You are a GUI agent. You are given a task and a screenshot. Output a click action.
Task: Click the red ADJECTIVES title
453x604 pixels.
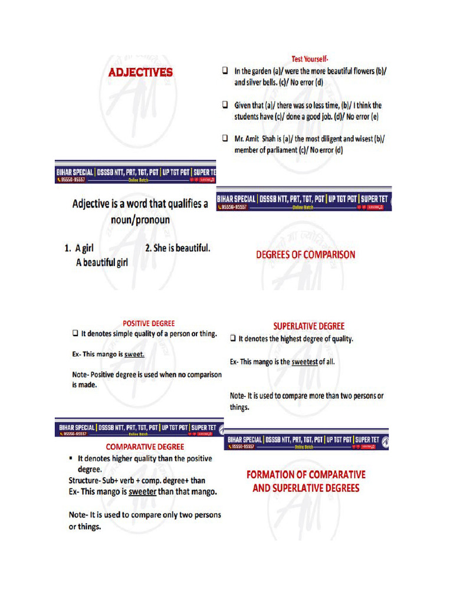click(x=140, y=73)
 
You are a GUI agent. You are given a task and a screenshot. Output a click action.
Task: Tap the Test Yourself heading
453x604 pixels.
click(x=310, y=59)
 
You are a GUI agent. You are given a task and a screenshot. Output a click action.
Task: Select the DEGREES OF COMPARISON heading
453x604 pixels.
click(x=305, y=255)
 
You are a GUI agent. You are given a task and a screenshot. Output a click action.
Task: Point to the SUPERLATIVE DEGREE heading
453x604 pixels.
click(x=308, y=326)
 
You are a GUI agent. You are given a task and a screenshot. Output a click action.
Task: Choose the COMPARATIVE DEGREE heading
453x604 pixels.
click(x=145, y=447)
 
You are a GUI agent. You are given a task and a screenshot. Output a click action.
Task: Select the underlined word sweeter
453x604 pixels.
click(x=142, y=491)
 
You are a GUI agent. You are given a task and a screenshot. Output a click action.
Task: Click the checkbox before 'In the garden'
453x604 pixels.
click(x=225, y=71)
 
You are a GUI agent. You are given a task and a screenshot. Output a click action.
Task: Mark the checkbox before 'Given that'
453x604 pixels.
click(x=225, y=104)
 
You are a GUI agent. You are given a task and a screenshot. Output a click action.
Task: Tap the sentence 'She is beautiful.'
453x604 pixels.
click(x=177, y=248)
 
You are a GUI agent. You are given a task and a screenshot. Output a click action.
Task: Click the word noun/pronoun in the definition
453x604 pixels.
click(x=140, y=220)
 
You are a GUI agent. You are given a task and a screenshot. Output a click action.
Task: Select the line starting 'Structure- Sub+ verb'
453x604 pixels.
click(x=137, y=481)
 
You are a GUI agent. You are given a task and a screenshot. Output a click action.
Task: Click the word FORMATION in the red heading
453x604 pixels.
click(x=272, y=474)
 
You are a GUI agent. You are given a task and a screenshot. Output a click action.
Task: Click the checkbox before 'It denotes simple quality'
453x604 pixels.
click(x=75, y=334)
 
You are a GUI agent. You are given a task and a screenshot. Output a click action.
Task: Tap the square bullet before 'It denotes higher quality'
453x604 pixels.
click(x=71, y=458)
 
